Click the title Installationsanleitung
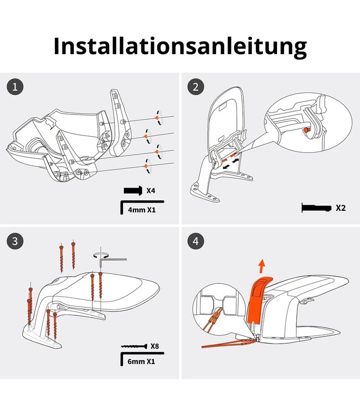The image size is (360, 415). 179,46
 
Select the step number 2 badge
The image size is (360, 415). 195,87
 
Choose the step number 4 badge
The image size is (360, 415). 195,241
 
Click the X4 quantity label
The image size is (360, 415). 151,190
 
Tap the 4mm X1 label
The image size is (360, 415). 142,210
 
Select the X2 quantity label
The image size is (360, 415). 341,208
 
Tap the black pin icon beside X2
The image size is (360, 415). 316,208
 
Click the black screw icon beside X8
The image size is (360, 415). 133,346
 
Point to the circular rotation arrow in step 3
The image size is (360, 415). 100,254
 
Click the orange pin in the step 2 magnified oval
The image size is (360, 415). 306,130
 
